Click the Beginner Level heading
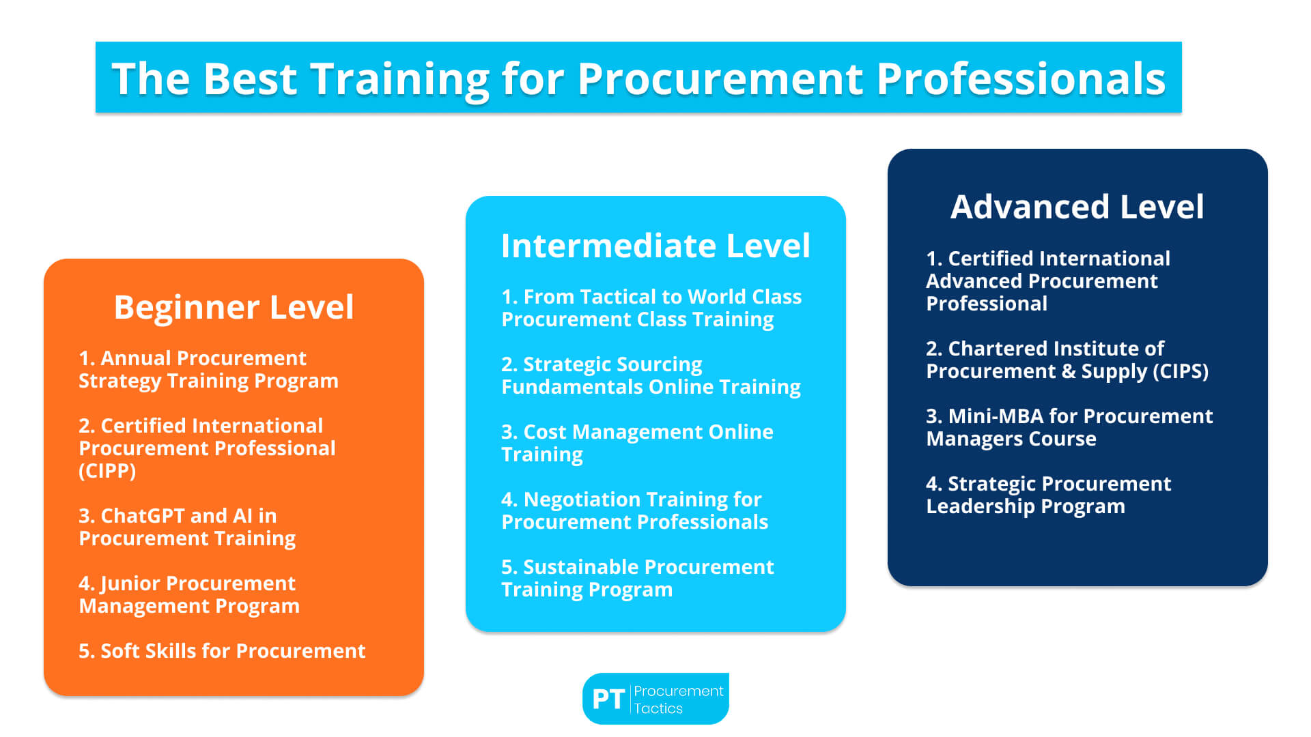pos(234,307)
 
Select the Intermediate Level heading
pos(655,246)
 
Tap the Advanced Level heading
pos(1077,206)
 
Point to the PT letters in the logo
pos(608,699)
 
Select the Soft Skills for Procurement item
pos(222,651)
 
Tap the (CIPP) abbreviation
pos(107,471)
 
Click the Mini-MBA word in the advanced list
pos(996,416)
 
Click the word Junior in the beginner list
pos(130,584)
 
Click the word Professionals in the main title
pos(1021,79)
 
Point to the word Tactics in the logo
pos(658,708)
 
